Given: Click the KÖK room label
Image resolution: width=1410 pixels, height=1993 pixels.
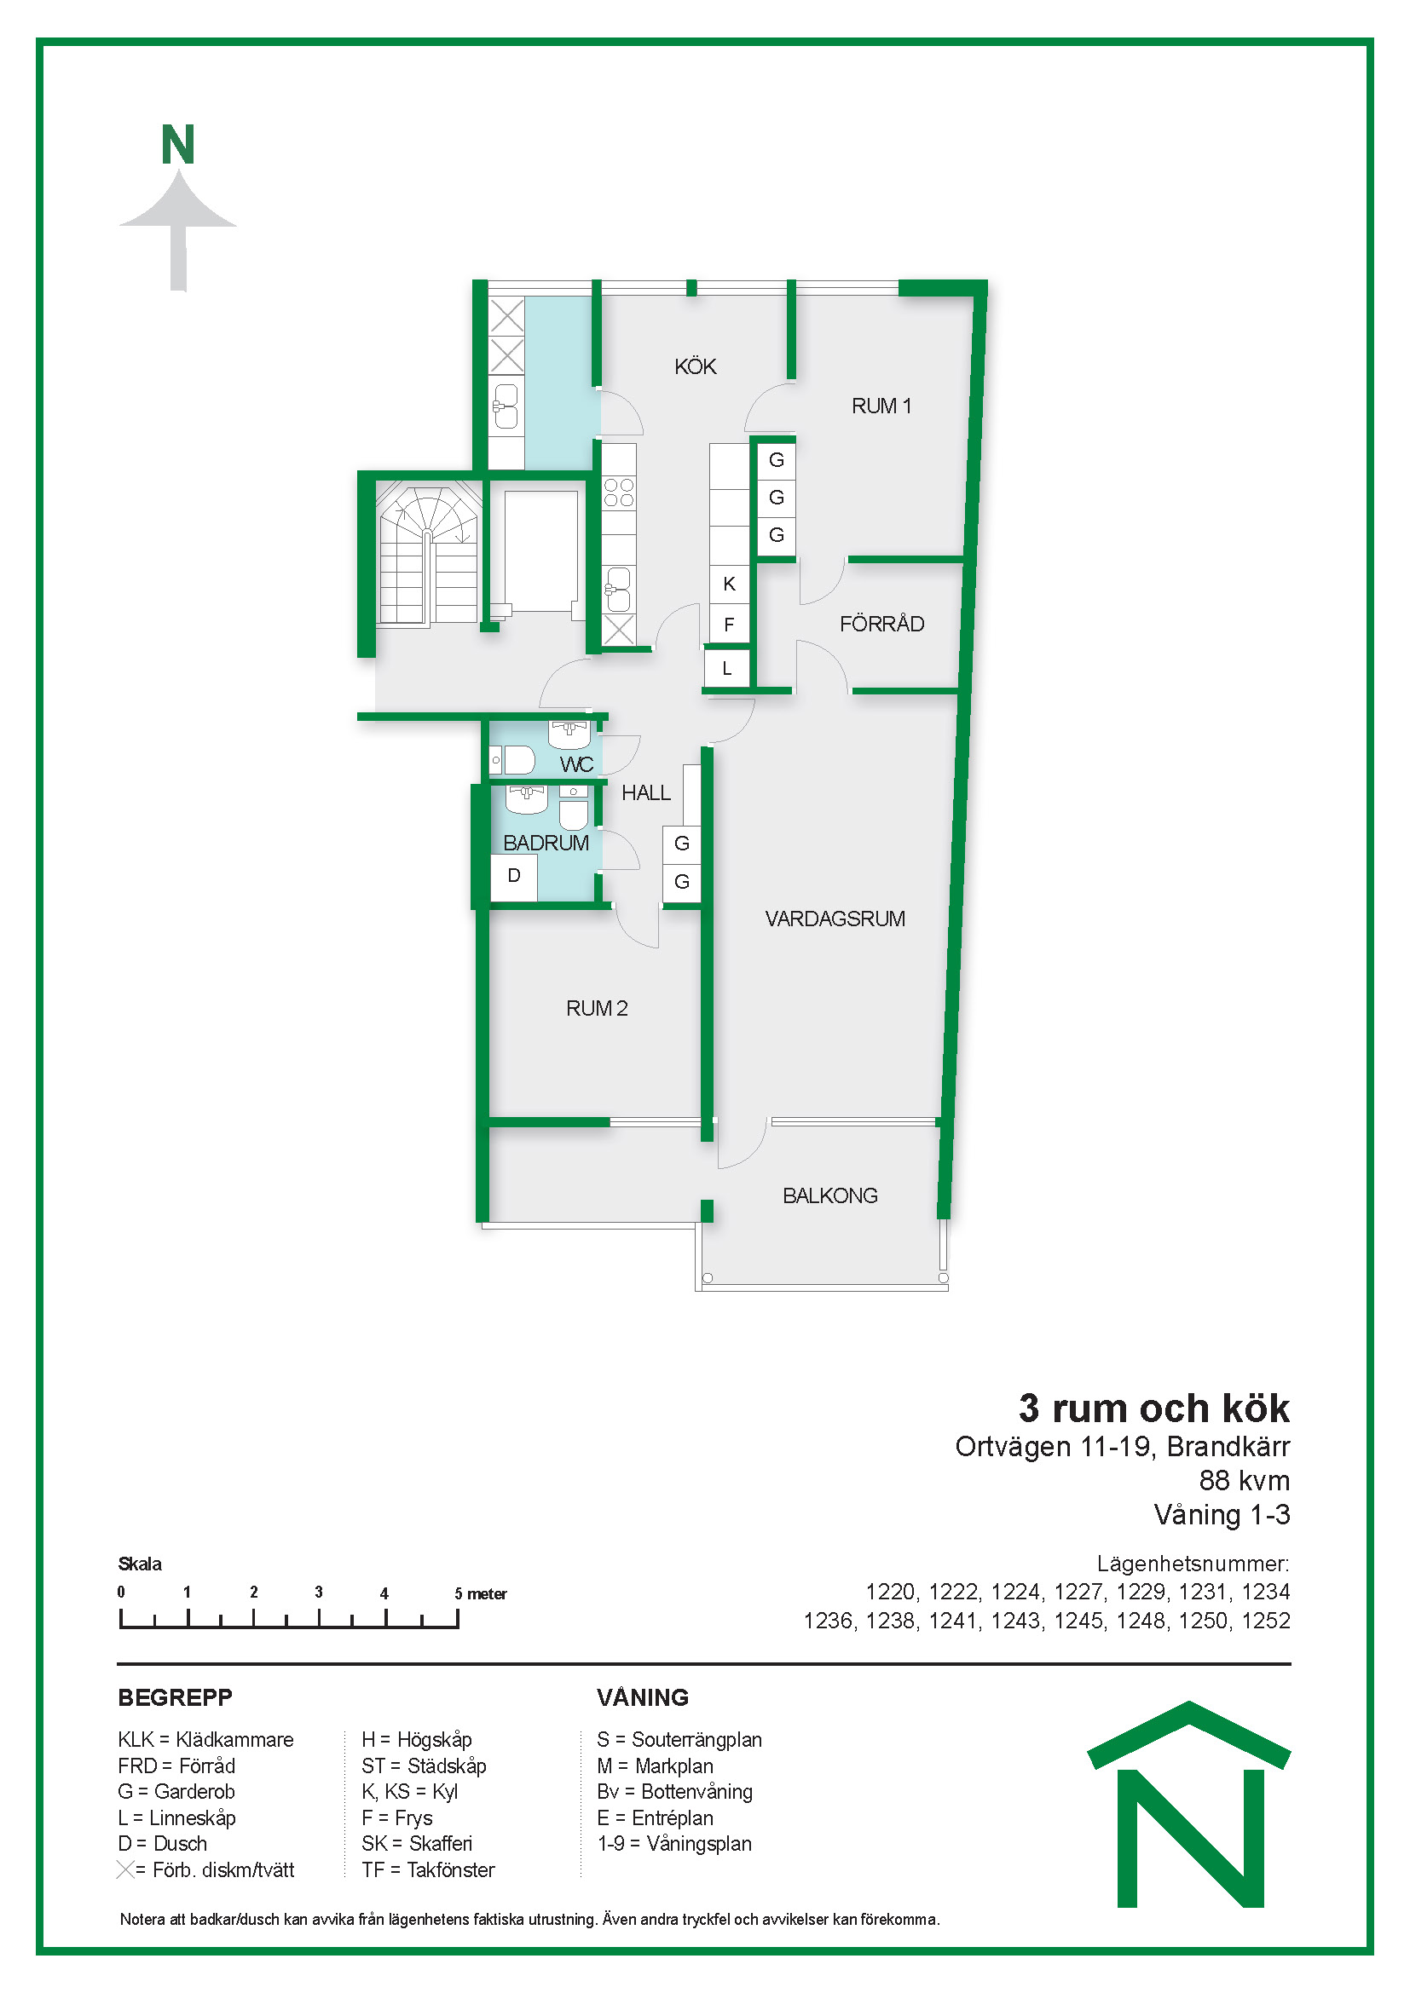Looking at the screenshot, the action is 696,366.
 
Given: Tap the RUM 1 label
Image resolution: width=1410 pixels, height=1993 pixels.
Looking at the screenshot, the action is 881,406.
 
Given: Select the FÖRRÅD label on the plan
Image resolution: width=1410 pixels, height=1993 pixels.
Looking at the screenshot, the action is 881,623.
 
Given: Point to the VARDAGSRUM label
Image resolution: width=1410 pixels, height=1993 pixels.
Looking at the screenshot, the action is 835,919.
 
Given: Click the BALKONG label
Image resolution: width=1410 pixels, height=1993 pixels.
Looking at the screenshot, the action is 830,1195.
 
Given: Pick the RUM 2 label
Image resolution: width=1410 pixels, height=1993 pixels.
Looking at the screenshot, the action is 597,1008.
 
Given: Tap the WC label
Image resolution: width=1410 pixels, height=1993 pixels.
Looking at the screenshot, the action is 576,763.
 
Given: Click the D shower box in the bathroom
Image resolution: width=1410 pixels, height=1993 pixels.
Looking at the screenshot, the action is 514,878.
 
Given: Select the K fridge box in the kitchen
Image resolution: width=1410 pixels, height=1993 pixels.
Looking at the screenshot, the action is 730,584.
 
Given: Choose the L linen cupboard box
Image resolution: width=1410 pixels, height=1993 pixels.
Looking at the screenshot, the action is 726,668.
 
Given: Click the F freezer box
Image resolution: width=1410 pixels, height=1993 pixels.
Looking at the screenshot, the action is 730,624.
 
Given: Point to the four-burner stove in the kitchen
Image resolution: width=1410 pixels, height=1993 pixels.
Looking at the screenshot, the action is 619,492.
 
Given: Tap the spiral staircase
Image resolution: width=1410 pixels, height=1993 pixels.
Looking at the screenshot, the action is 429,553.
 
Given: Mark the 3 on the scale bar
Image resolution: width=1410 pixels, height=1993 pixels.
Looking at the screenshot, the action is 319,1592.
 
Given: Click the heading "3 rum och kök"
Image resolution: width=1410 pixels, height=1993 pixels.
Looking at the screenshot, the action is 1154,1408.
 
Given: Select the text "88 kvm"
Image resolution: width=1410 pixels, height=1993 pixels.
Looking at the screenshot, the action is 1244,1480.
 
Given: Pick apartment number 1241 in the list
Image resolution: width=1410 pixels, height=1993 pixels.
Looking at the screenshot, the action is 952,1621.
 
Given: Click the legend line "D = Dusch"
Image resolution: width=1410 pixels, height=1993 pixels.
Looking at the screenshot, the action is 162,1844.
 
